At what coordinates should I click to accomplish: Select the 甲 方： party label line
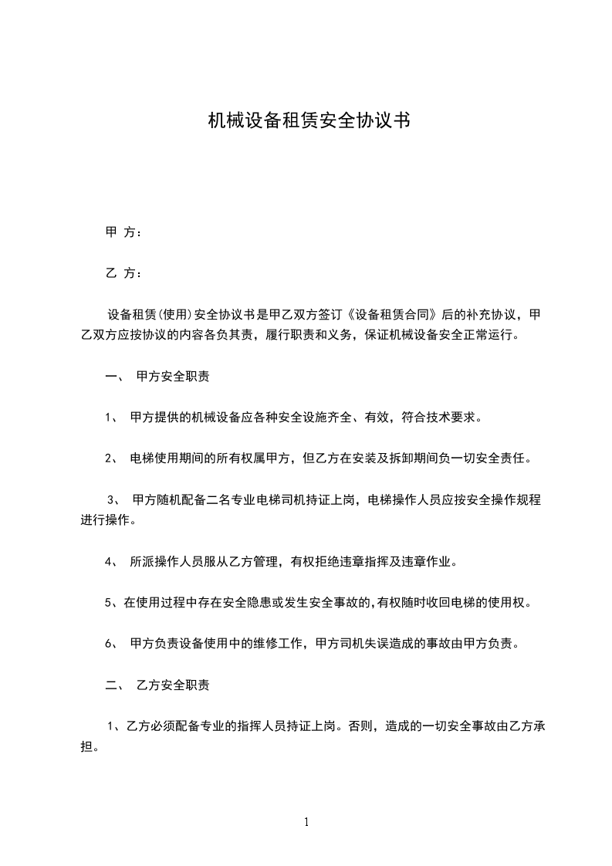[123, 232]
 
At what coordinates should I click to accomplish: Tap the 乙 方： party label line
[123, 273]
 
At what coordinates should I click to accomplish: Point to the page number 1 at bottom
[306, 822]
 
